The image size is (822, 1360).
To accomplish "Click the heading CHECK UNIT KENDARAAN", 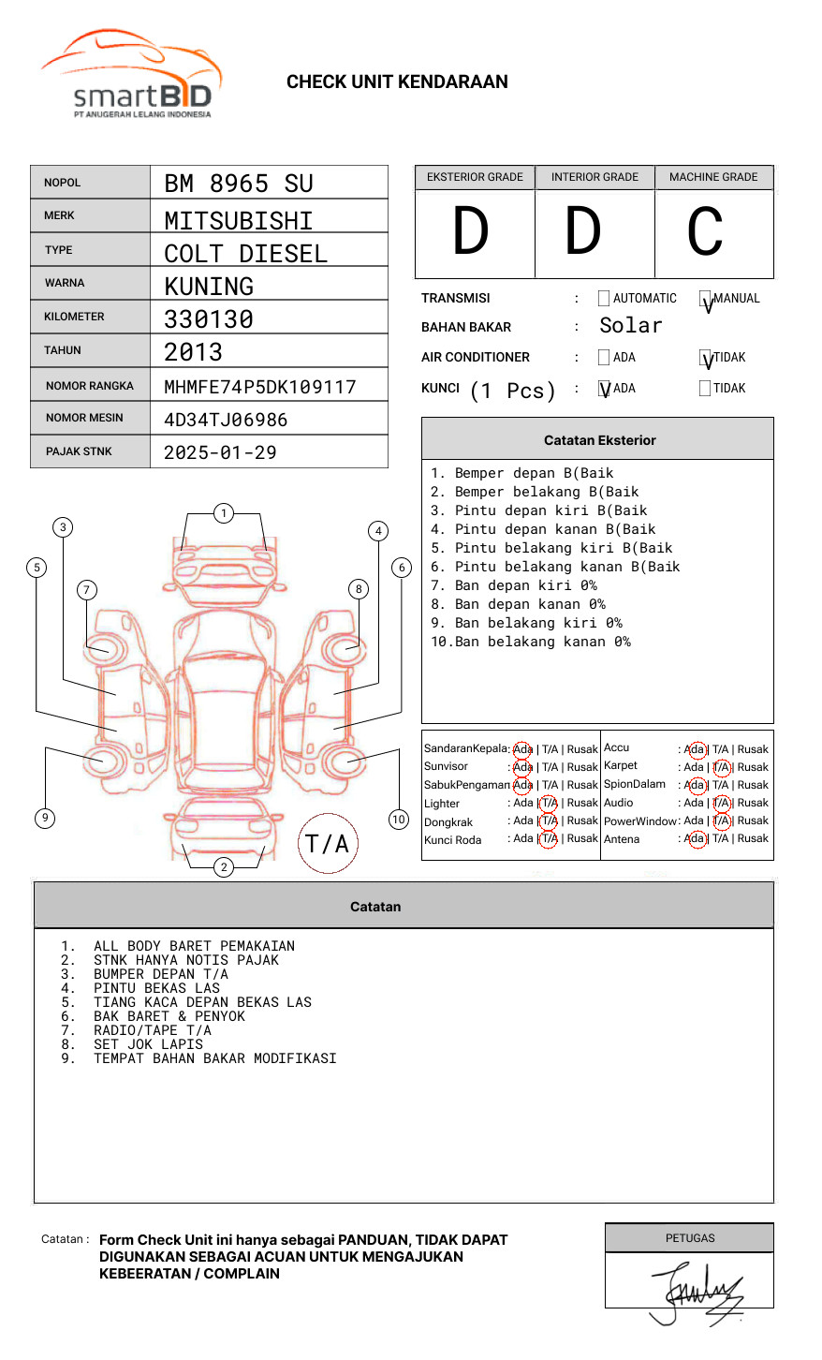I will tap(397, 82).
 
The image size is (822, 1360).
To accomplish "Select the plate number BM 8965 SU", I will tap(239, 184).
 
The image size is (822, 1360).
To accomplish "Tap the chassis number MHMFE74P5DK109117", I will tap(260, 387).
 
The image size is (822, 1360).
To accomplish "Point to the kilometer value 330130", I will tap(209, 319).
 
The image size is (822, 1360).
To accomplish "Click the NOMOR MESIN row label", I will tap(84, 418).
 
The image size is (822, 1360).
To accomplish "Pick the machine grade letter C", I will tap(705, 231).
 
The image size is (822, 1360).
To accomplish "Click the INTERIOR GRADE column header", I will tap(594, 177).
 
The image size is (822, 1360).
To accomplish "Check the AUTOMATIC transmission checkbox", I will tap(604, 299).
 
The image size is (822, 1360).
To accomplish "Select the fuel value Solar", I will tap(630, 326).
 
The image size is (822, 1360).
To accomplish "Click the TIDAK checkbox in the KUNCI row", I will tap(705, 389).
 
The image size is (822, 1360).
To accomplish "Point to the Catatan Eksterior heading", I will tap(599, 440).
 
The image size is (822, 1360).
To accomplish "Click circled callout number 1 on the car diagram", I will tap(223, 513).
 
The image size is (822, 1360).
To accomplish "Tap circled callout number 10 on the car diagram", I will tap(399, 820).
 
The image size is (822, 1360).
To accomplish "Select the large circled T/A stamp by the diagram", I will tap(328, 844).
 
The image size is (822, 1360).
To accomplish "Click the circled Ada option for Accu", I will tap(696, 749).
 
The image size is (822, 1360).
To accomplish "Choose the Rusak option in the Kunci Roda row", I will tap(581, 839).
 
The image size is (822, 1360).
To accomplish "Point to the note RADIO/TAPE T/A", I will tap(153, 1030).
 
